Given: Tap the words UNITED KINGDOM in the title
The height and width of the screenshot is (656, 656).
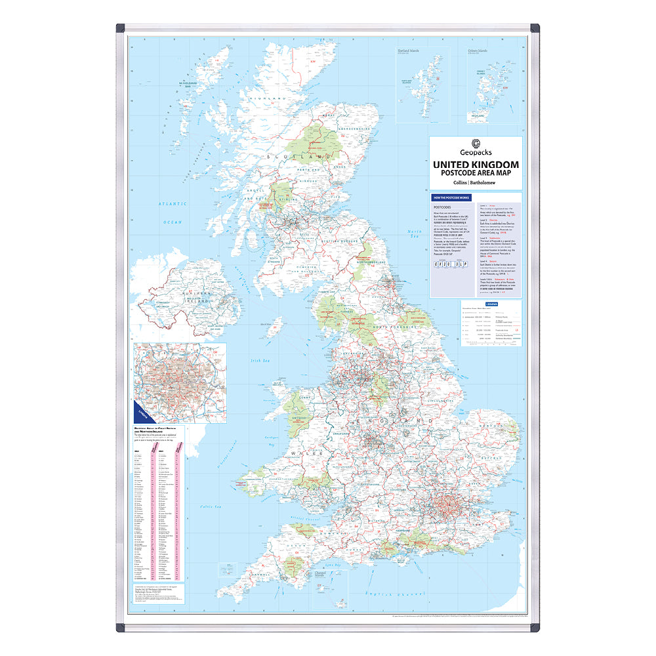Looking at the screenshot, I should point(476,164).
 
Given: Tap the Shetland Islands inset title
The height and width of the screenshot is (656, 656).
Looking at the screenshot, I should point(411,50).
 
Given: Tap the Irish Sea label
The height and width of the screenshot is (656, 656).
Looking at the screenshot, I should point(260,360).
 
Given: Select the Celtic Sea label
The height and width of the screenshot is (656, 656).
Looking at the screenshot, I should point(211,507).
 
